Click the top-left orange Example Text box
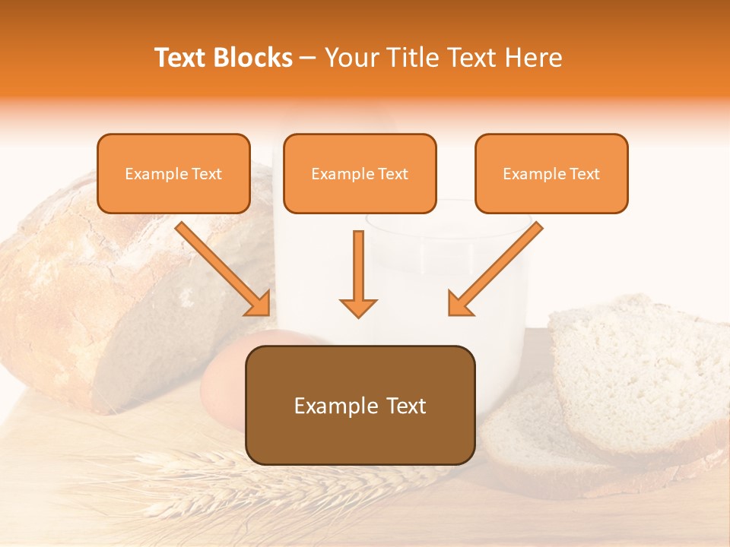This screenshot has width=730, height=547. click(173, 173)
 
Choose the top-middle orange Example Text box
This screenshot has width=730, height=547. click(360, 173)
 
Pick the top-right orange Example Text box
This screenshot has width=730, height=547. click(551, 173)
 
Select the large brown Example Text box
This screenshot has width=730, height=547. click(360, 405)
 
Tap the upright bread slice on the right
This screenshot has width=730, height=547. click(639, 372)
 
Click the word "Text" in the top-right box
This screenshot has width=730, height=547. click(584, 174)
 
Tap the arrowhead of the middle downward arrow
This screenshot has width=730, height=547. click(358, 308)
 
